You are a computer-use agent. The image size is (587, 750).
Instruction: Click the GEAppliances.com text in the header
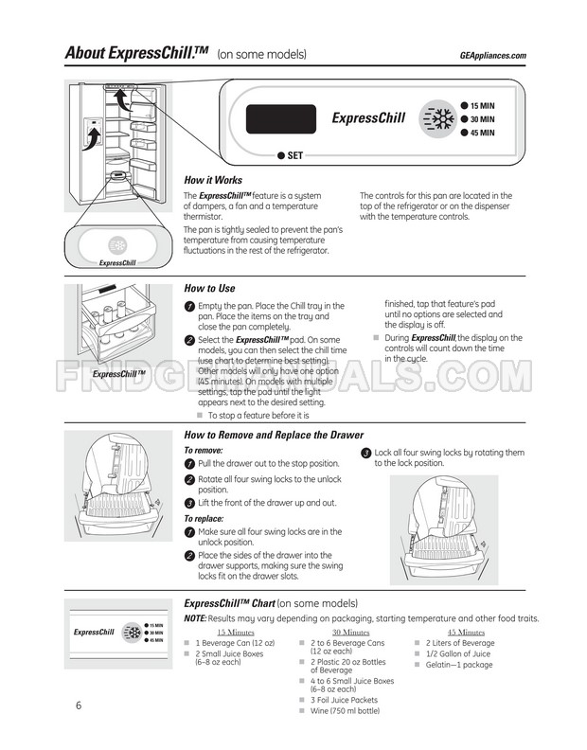coord(492,56)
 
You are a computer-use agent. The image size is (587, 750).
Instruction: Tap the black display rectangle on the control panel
coord(281,119)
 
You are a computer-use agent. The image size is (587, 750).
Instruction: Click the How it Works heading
coord(213,180)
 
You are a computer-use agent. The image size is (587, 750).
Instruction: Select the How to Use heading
coord(209,289)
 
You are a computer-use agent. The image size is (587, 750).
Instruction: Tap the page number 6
coord(79,705)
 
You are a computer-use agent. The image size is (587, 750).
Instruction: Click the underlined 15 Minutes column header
coord(236,633)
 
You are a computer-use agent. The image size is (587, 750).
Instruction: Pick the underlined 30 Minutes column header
coord(351,633)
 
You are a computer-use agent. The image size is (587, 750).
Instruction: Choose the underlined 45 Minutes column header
coord(467,633)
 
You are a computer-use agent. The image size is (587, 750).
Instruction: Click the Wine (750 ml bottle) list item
coord(345,711)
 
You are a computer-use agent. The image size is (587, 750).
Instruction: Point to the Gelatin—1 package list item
coord(459,665)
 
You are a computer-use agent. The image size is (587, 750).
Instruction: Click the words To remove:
coord(204,451)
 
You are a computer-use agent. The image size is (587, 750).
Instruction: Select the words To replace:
coord(204,519)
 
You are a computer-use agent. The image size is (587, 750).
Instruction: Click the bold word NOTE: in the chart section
coord(195,618)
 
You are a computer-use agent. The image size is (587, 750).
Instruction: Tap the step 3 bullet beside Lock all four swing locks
coord(366,453)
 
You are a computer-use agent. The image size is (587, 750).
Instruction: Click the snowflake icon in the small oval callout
coord(117,246)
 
